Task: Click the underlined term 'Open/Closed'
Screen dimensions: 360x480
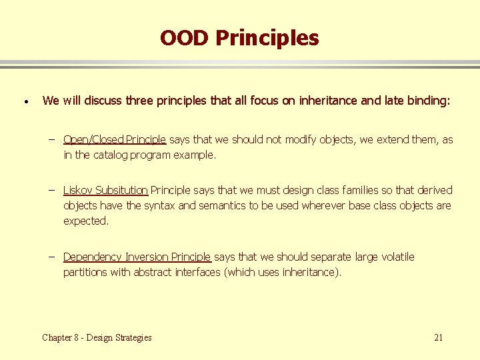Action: tap(93, 139)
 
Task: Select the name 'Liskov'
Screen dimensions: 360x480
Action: tap(79, 190)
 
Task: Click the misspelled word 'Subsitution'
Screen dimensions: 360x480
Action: tap(121, 190)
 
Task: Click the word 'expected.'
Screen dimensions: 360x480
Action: tap(86, 221)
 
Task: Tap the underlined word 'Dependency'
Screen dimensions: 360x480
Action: tap(93, 257)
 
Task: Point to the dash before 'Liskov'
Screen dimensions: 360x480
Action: tap(51, 190)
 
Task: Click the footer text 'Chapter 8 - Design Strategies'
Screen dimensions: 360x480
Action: tap(97, 337)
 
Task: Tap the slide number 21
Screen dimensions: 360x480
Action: tap(438, 337)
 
